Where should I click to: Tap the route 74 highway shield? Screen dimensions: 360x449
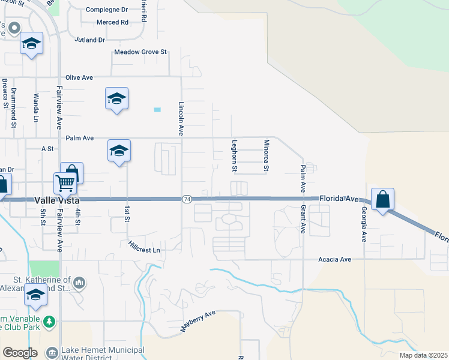coord(187,199)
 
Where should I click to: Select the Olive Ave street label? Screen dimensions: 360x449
coord(79,77)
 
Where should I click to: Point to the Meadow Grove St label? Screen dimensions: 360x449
coord(140,52)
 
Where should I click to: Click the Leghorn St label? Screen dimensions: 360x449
coord(235,155)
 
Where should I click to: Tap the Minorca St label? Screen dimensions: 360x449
coord(266,155)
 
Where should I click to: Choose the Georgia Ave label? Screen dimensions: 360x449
coord(364,224)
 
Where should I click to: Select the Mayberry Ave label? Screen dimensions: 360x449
coord(197,322)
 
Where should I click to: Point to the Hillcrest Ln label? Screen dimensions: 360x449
coord(145,247)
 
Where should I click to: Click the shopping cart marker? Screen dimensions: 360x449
coord(64,181)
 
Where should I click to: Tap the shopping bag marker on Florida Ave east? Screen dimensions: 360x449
coord(382,199)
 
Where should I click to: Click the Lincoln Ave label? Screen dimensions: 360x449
coord(181,118)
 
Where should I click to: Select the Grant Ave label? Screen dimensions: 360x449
coord(304,219)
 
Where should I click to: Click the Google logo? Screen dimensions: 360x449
coord(20,353)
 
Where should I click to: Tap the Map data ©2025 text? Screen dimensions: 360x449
coord(423,355)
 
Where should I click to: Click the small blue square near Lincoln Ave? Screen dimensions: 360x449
coord(157,110)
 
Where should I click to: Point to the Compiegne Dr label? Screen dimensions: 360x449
coord(107,10)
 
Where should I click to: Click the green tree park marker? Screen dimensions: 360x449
coord(49,322)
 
